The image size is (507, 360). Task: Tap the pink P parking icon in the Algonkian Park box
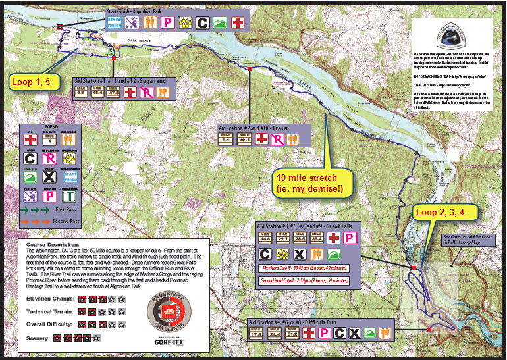pyautogui.click(x=168, y=22)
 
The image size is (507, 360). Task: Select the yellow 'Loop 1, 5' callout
pyautogui.click(x=33, y=83)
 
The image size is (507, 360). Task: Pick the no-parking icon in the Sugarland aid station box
pyautogui.click(x=146, y=91)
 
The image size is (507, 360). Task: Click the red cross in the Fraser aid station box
pyautogui.click(x=261, y=139)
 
